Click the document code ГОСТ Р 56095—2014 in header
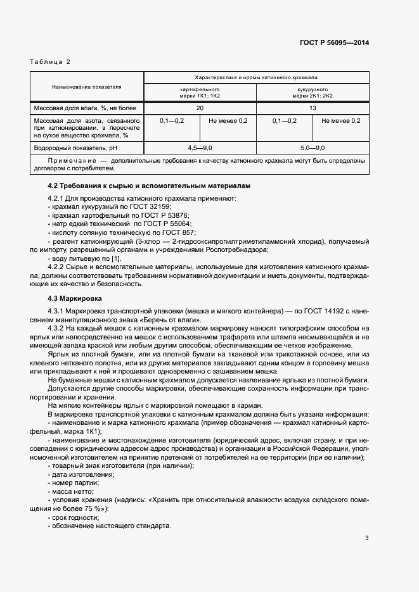[x=334, y=42]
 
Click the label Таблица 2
[x=51, y=61]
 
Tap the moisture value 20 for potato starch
[x=200, y=108]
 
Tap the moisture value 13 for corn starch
[x=313, y=108]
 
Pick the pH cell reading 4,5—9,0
[x=200, y=148]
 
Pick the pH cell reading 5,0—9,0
[x=313, y=148]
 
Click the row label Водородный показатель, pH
[x=75, y=148]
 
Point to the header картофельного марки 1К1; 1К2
[x=200, y=93]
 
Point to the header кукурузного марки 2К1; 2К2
[x=313, y=93]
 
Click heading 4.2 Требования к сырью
[x=150, y=186]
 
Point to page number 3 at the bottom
[x=366, y=538]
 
